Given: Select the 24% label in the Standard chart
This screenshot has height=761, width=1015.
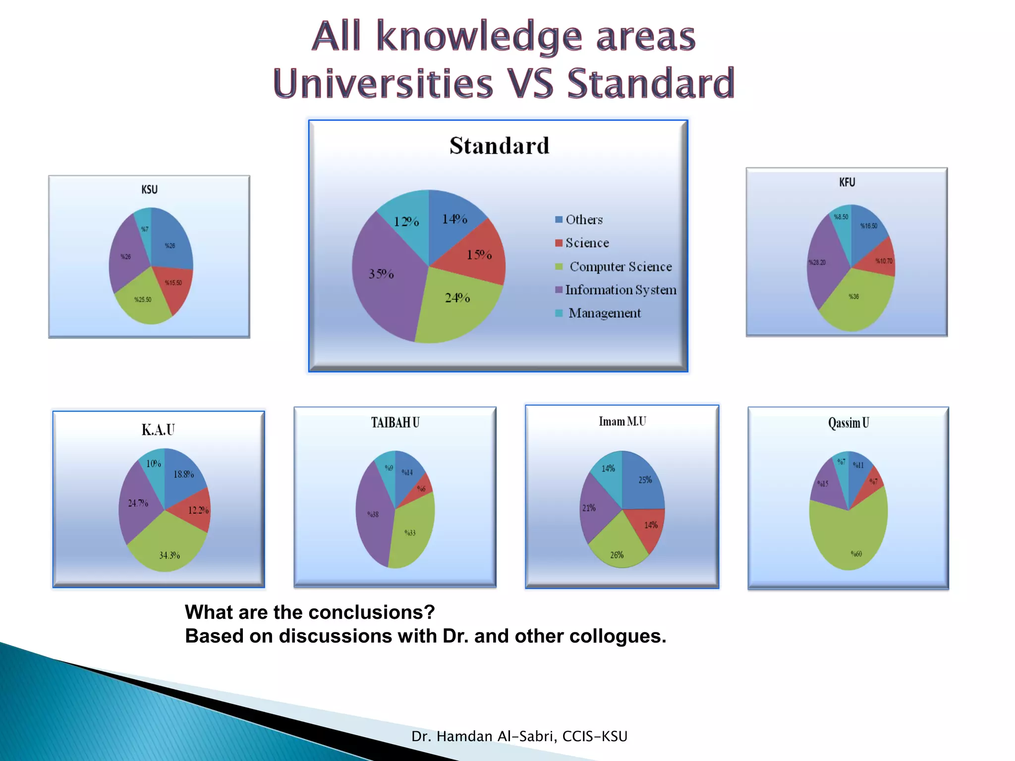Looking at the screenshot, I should (457, 298).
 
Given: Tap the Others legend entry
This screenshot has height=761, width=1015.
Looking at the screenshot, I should (583, 219).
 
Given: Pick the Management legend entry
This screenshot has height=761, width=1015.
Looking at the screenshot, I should (604, 313).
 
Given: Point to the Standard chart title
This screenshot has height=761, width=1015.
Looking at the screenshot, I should (499, 146).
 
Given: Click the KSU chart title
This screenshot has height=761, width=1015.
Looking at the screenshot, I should (149, 189).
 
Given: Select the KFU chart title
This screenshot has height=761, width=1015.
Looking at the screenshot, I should (847, 182).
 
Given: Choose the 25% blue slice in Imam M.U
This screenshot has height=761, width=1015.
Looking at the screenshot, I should (643, 483).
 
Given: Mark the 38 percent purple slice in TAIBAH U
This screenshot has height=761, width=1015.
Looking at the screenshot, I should (374, 515).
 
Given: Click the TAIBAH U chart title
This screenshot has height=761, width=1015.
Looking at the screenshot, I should (395, 423).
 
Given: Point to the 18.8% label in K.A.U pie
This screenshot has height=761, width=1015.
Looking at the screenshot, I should (183, 474).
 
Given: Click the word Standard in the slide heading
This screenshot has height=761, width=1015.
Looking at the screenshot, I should (650, 83).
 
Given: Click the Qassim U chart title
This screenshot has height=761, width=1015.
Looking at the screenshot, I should (848, 423).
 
